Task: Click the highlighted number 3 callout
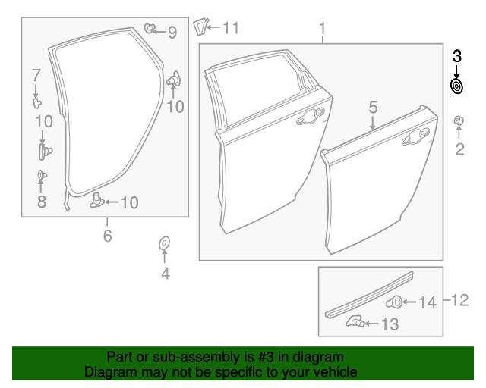(x=457, y=56)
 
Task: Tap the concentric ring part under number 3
(x=457, y=86)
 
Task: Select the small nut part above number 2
(x=459, y=120)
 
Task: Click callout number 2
(x=459, y=149)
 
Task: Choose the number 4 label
(x=165, y=274)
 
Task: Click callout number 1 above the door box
(x=322, y=30)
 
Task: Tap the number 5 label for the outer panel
(x=373, y=107)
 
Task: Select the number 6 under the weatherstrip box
(x=107, y=236)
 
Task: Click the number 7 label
(x=35, y=74)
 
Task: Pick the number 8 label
(x=42, y=201)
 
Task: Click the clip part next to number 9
(x=150, y=30)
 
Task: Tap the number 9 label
(x=172, y=33)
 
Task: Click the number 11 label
(x=230, y=28)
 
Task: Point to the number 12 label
(x=459, y=301)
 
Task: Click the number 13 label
(x=389, y=324)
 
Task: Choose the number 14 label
(x=428, y=302)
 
